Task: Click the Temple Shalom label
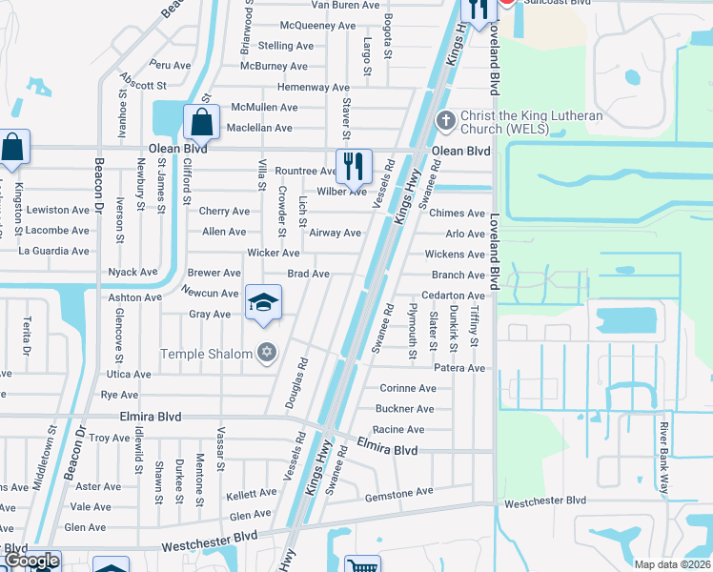click(x=208, y=354)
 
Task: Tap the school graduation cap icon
click(x=263, y=304)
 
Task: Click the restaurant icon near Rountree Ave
click(x=354, y=165)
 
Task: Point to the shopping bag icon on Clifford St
click(x=201, y=122)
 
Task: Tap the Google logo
click(x=31, y=562)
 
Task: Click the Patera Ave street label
click(x=459, y=368)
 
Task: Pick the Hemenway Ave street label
click(x=314, y=87)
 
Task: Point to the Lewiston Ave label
click(x=58, y=210)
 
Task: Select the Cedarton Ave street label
click(x=453, y=296)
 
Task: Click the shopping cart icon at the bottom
click(x=361, y=565)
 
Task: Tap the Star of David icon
click(x=267, y=354)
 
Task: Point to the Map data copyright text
click(x=671, y=564)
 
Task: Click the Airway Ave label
click(x=336, y=233)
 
